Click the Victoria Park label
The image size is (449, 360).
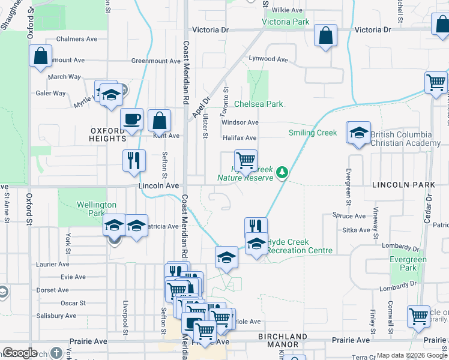[x=286, y=22]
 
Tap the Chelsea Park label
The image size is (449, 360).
[x=258, y=104]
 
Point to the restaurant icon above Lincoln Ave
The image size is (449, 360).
[x=134, y=160]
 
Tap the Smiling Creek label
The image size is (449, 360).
[x=313, y=133]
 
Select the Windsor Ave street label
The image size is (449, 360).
[x=240, y=122]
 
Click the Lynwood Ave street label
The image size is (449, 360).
[x=269, y=59]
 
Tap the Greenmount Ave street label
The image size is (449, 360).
[x=156, y=61]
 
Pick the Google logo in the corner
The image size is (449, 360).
[x=20, y=353]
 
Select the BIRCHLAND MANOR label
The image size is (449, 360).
[x=282, y=341]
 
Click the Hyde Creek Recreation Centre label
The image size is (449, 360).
[x=300, y=246]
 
